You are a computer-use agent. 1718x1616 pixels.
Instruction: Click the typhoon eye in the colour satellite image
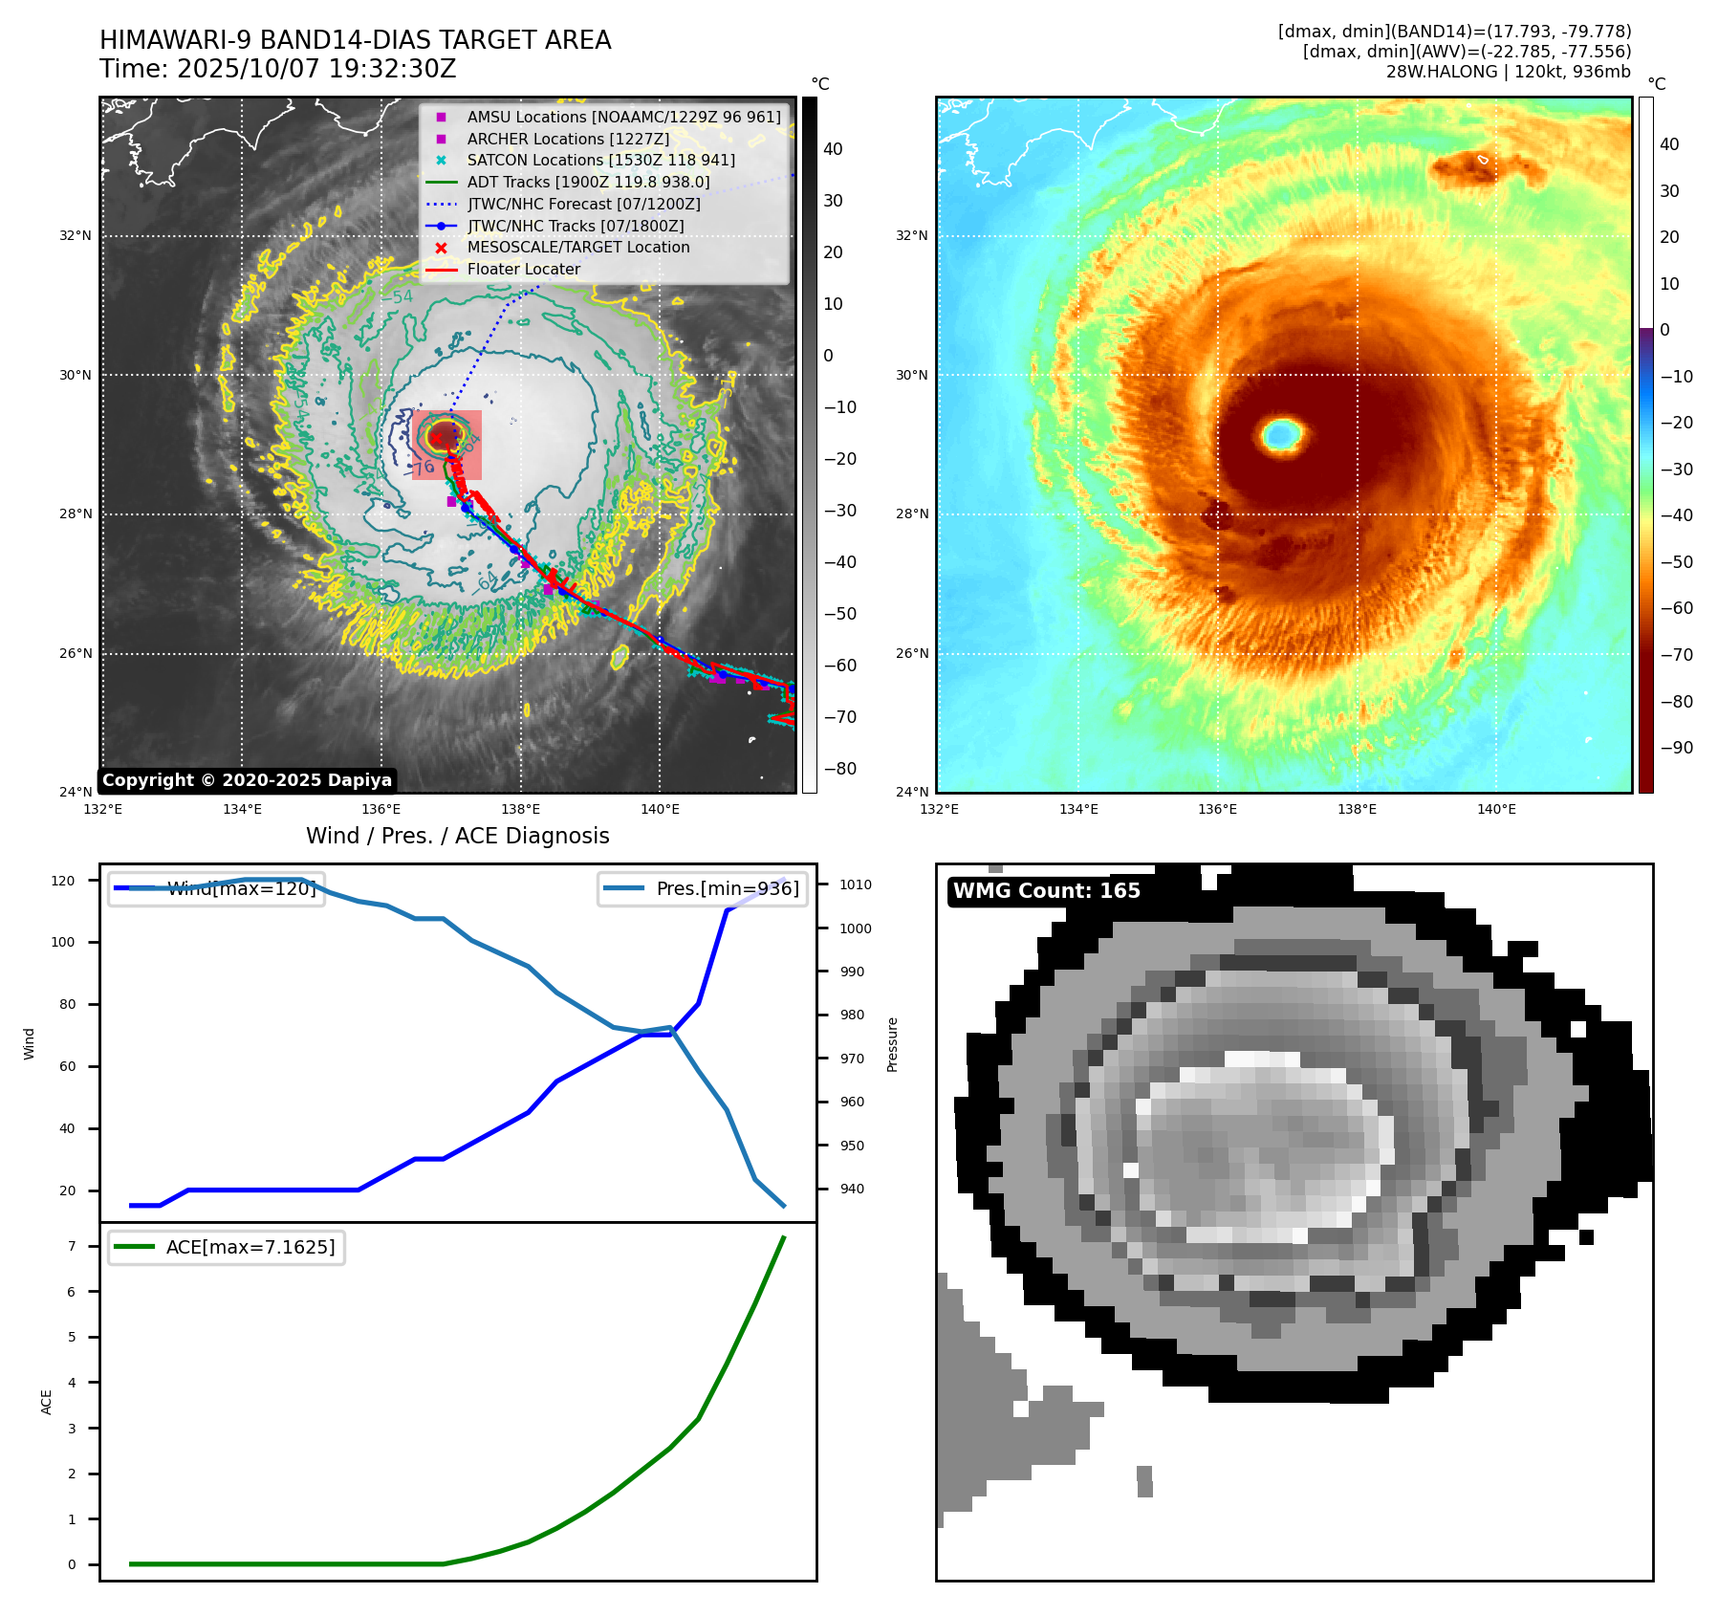pyautogui.click(x=1281, y=434)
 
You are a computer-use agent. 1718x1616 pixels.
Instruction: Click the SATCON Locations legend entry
pyautogui.click(x=600, y=161)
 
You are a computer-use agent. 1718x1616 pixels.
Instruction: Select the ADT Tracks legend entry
pyautogui.click(x=588, y=182)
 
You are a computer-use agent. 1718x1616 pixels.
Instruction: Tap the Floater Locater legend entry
pyautogui.click(x=523, y=270)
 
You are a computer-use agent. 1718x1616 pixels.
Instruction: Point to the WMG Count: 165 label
pyautogui.click(x=1046, y=891)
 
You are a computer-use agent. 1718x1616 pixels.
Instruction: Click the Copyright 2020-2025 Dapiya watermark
pyautogui.click(x=247, y=780)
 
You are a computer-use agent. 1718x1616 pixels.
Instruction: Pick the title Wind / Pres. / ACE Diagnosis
pyautogui.click(x=457, y=836)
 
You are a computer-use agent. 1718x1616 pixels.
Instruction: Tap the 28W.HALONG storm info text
pyautogui.click(x=1508, y=72)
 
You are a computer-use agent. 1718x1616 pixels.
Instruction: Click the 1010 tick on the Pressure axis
pyautogui.click(x=855, y=884)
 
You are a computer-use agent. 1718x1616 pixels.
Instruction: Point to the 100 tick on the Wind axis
pyautogui.click(x=62, y=942)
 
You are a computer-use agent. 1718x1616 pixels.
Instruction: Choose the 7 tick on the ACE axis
pyautogui.click(x=72, y=1246)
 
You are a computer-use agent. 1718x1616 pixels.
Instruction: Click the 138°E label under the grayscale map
pyautogui.click(x=521, y=810)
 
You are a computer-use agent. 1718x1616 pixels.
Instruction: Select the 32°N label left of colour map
pyautogui.click(x=911, y=235)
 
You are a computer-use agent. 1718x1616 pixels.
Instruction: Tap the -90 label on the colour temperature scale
pyautogui.click(x=1676, y=748)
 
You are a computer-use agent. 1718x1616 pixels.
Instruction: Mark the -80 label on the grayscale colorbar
pyautogui.click(x=839, y=769)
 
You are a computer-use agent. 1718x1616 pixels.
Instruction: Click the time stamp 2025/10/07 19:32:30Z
pyautogui.click(x=315, y=70)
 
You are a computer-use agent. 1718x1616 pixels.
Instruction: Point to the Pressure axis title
pyautogui.click(x=892, y=1044)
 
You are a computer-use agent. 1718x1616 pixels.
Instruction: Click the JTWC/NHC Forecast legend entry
pyautogui.click(x=583, y=205)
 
